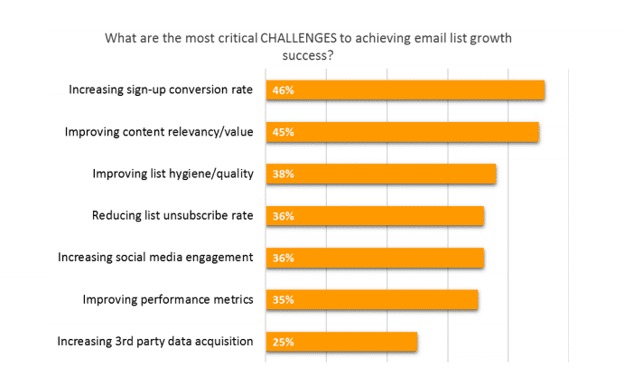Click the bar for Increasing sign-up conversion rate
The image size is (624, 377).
pos(405,90)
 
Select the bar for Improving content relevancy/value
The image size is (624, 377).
pos(403,132)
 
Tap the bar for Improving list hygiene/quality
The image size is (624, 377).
pos(381,174)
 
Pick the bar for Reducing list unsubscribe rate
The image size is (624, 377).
pos(375,216)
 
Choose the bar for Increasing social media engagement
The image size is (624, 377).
pos(375,258)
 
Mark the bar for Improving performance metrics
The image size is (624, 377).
pos(372,299)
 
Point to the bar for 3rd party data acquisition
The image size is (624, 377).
pos(341,342)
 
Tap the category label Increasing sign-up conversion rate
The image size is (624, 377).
pos(162,90)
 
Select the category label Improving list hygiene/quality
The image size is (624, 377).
pos(173,173)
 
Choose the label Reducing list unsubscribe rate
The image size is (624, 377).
pos(172,215)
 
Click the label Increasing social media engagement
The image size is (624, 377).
pos(155,257)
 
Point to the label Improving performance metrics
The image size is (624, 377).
pos(168,298)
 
